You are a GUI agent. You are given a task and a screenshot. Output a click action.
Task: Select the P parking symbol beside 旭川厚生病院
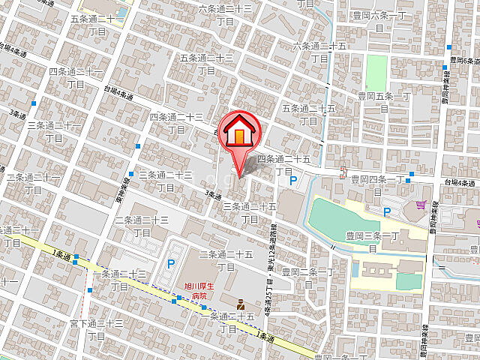pos(171,263)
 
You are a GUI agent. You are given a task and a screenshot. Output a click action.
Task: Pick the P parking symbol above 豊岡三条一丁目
pos(387,212)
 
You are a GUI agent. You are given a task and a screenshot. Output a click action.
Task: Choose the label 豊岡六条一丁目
pos(379,20)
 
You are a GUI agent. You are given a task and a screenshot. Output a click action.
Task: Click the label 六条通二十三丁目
pos(226,15)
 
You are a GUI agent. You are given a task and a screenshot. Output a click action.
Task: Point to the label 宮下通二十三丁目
pos(96,329)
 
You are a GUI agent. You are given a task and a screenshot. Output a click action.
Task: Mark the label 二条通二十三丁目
pos(141,226)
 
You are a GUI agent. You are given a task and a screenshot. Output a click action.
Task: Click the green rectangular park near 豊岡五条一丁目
pos(376,70)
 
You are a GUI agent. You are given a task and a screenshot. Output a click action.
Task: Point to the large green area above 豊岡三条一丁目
pos(334,218)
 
